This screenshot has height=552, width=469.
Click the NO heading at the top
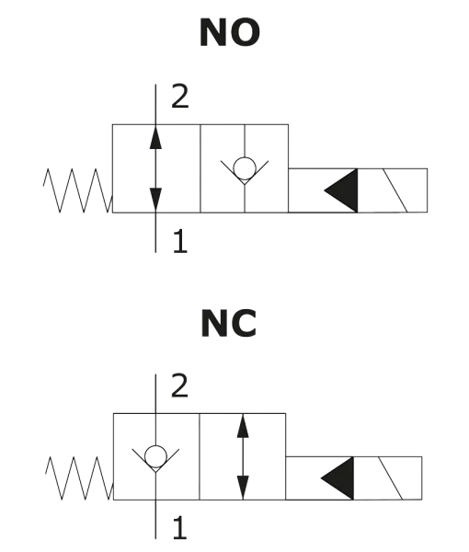[231, 34]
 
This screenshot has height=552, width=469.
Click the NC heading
[229, 324]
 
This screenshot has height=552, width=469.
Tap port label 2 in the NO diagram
[180, 97]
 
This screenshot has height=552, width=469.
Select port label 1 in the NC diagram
[180, 528]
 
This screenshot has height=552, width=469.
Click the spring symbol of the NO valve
[75, 190]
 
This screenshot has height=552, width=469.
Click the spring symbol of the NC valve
[77, 478]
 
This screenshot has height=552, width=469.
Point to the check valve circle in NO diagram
[246, 168]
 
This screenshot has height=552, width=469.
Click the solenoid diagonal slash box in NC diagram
[391, 478]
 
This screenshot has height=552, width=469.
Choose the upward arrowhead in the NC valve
[243, 426]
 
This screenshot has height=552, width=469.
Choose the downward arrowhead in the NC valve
[243, 489]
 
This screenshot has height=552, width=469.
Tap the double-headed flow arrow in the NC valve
[243, 457]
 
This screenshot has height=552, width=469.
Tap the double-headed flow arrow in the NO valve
[155, 168]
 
